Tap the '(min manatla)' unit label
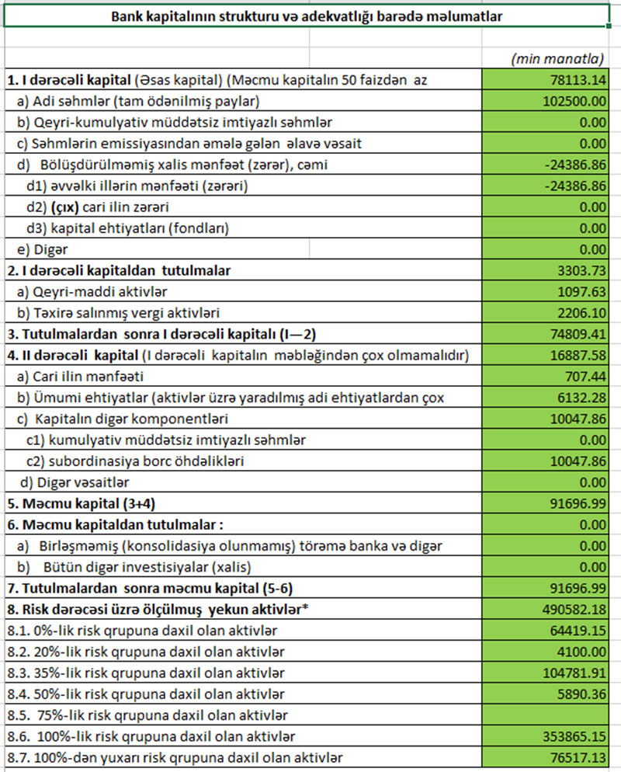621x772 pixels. coord(557,59)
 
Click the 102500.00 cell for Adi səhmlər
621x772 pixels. coord(574,100)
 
